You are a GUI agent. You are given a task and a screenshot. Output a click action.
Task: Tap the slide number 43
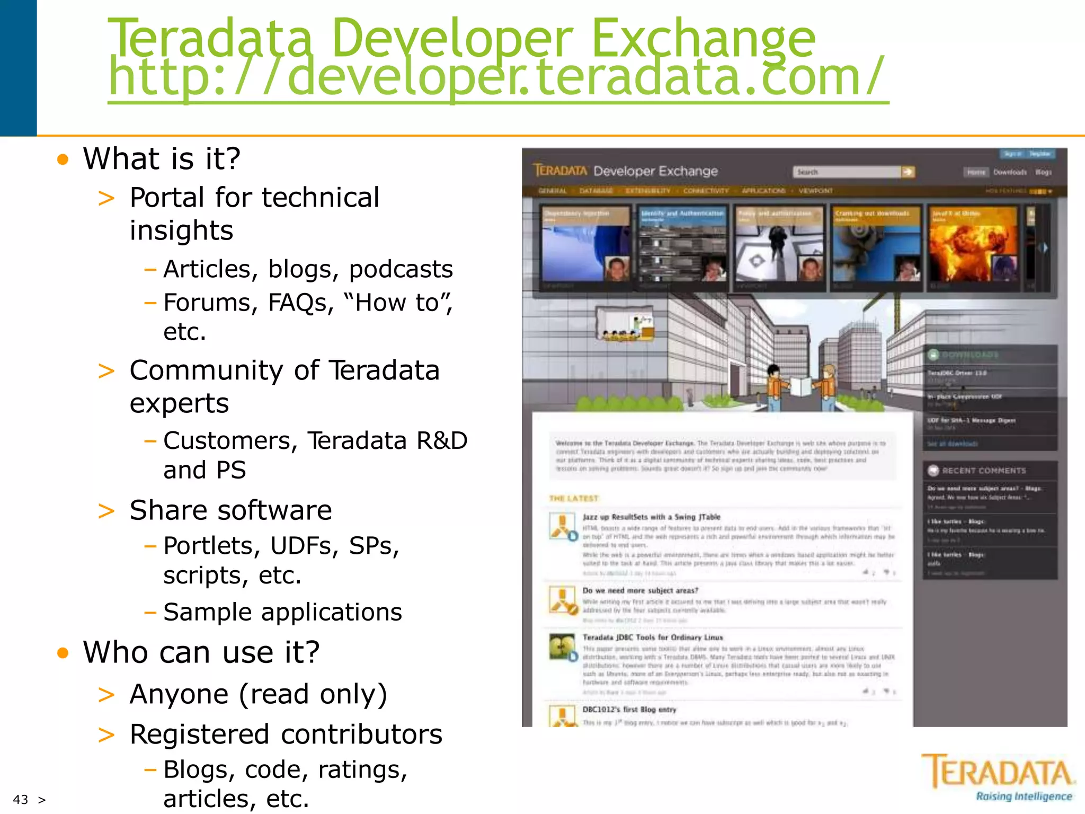pyautogui.click(x=21, y=799)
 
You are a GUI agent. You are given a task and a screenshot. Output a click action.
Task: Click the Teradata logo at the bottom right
pyautogui.click(x=999, y=777)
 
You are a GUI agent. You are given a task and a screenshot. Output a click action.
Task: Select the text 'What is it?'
pyautogui.click(x=162, y=158)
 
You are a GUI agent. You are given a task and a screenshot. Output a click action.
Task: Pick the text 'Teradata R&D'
pyautogui.click(x=387, y=441)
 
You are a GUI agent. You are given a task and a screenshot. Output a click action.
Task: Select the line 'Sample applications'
pyautogui.click(x=282, y=612)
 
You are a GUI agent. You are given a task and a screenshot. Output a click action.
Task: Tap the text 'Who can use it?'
pyautogui.click(x=201, y=652)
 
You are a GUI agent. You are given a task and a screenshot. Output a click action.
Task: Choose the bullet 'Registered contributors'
pyautogui.click(x=286, y=735)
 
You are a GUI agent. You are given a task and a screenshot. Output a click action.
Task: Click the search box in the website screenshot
pyautogui.click(x=846, y=172)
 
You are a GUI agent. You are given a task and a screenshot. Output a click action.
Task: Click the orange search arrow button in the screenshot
pyautogui.click(x=909, y=172)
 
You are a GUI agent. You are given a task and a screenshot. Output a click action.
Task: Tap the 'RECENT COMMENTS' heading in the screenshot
pyautogui.click(x=984, y=471)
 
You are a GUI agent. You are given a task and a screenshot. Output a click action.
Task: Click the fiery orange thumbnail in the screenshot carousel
pyautogui.click(x=974, y=244)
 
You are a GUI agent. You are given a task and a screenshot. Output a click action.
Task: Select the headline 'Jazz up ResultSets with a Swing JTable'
pyautogui.click(x=651, y=517)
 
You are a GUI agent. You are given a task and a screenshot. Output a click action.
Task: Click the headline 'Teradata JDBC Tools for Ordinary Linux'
pyautogui.click(x=653, y=637)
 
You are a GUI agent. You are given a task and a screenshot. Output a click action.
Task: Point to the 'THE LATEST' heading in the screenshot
pyautogui.click(x=574, y=498)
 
